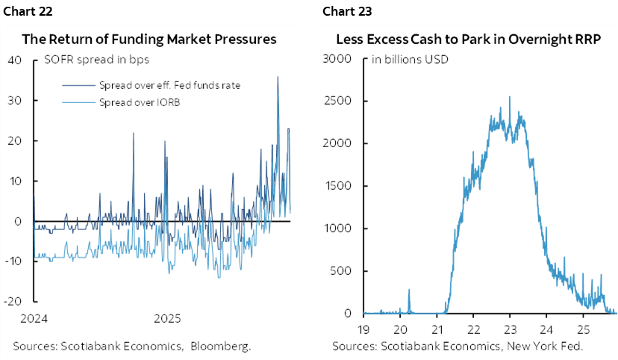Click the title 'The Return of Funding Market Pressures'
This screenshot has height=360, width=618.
[149, 40]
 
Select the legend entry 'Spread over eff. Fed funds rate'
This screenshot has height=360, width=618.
[169, 85]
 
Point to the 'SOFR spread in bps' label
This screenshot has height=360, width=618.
[89, 60]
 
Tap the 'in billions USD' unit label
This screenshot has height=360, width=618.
[410, 60]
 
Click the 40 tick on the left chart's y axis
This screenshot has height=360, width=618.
[15, 60]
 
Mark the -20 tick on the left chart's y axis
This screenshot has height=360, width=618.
[13, 301]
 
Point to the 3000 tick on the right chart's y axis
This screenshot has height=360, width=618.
[337, 60]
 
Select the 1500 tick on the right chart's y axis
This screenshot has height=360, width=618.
[337, 187]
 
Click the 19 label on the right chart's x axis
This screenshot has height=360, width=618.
[363, 329]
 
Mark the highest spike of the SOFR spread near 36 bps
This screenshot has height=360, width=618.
[278, 77]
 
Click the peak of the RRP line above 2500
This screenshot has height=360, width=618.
[510, 96]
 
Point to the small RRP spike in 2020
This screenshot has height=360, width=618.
[409, 290]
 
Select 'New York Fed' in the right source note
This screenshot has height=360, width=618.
[547, 346]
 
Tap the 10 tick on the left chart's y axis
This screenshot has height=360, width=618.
[16, 181]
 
